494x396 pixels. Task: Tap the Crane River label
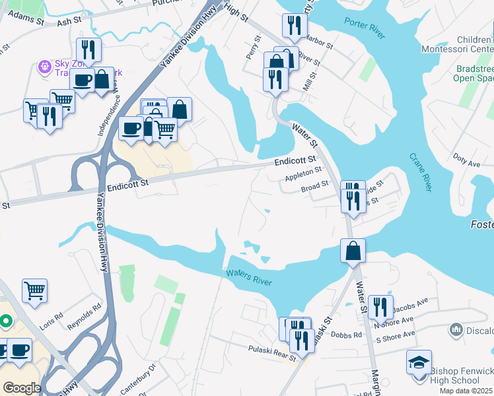pyautogui.click(x=420, y=172)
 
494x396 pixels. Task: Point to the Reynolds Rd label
pyautogui.click(x=88, y=317)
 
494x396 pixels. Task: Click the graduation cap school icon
pyautogui.click(x=419, y=362)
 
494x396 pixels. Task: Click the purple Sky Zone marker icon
pyautogui.click(x=45, y=66)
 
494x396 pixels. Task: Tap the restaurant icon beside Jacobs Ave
pyautogui.click(x=380, y=306)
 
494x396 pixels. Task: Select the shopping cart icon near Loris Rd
pyautogui.click(x=34, y=289)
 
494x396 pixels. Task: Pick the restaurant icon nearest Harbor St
pyautogui.click(x=293, y=25)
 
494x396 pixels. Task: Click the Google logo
pyautogui.click(x=22, y=388)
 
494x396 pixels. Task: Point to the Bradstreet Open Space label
pyautogui.click(x=474, y=73)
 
